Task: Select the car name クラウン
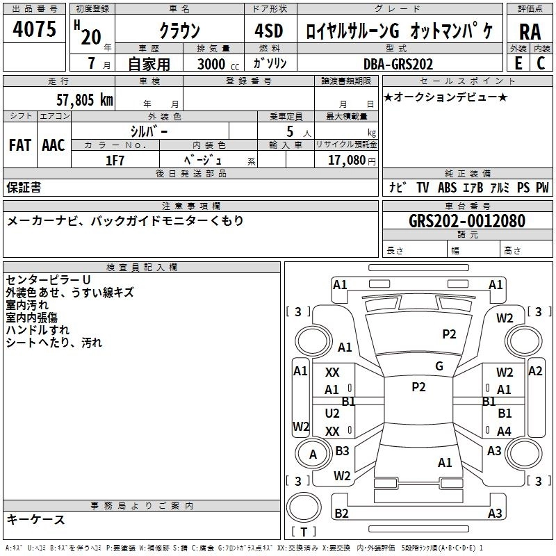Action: tap(179, 31)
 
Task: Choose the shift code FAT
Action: tap(20, 145)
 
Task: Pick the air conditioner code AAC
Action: tap(54, 145)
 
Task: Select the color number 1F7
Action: tap(115, 160)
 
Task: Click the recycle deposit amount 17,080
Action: tap(346, 160)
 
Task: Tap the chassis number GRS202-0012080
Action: tap(467, 221)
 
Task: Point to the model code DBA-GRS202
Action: tap(398, 64)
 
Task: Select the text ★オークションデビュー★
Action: tap(445, 97)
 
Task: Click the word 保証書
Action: tap(24, 187)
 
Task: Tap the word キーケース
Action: tap(36, 519)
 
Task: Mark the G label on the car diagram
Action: tap(439, 366)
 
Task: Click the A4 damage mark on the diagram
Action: tap(504, 431)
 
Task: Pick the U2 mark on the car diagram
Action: tap(332, 413)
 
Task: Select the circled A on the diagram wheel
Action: tap(313, 454)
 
